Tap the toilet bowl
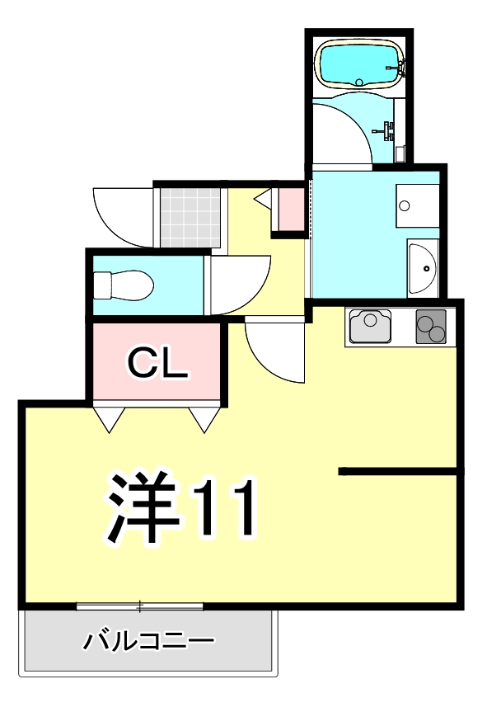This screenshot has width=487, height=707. (124, 285)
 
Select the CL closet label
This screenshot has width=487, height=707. (157, 364)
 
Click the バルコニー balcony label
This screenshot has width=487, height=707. (149, 640)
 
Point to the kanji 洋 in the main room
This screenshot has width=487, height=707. (143, 508)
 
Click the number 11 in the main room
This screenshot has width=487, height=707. (224, 508)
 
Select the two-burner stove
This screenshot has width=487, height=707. (431, 325)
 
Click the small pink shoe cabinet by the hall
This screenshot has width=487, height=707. (291, 210)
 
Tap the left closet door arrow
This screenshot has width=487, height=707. (110, 418)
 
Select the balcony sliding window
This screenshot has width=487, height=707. (140, 607)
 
